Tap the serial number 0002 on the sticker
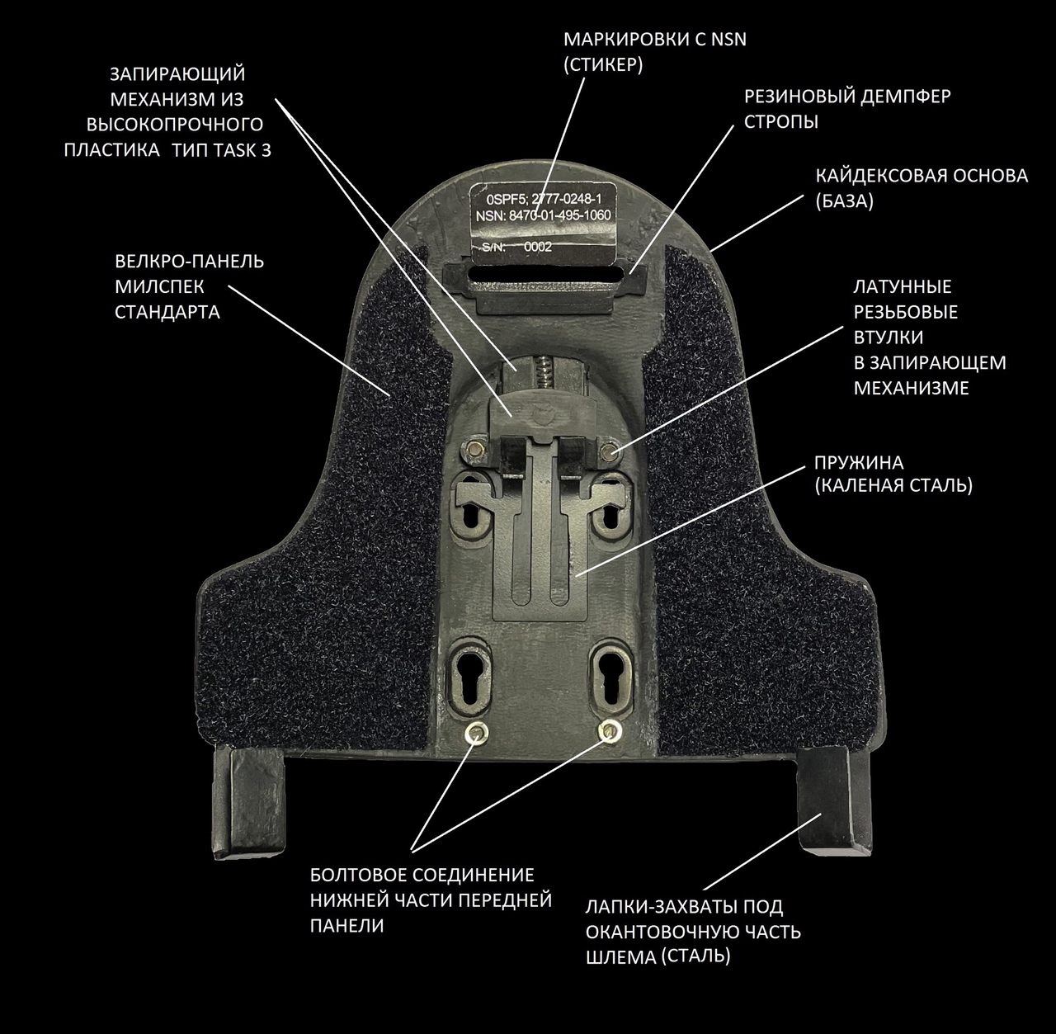pos(537,246)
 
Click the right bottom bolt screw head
pos(609,729)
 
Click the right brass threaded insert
pos(610,448)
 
